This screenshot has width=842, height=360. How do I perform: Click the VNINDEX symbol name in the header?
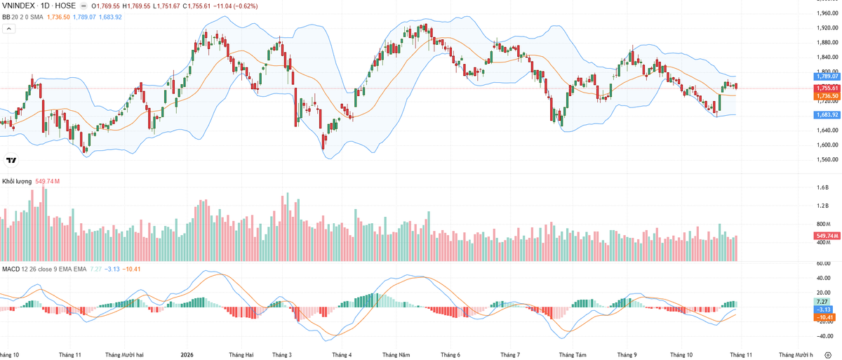point(18,6)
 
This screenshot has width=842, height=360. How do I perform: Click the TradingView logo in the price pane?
point(11,161)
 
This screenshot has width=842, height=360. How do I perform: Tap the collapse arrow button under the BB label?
point(9,29)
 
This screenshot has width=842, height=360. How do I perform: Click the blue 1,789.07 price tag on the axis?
point(827,76)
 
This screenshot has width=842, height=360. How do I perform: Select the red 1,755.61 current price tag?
point(827,88)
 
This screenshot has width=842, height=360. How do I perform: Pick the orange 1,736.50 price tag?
point(827,96)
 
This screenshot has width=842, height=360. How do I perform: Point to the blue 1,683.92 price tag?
point(827,114)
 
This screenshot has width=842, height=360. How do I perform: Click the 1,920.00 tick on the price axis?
point(827,28)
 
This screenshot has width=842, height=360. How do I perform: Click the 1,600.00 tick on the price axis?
point(827,145)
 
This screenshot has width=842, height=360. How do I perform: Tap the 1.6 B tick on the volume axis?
point(822,187)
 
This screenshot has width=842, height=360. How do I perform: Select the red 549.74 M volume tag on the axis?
point(827,236)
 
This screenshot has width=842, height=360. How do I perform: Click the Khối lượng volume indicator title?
point(17,182)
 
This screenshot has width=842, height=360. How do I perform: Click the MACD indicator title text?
point(11,269)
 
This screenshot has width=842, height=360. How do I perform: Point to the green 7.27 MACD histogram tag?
point(822,302)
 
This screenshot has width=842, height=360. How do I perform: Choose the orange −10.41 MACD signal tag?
point(824,317)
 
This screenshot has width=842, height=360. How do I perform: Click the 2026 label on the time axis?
point(187,355)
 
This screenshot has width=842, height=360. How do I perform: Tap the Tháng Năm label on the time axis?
point(396,355)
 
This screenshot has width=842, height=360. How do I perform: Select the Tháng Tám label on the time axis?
point(573,355)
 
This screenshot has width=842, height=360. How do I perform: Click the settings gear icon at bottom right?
point(828,355)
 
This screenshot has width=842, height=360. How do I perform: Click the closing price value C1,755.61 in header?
point(196,6)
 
